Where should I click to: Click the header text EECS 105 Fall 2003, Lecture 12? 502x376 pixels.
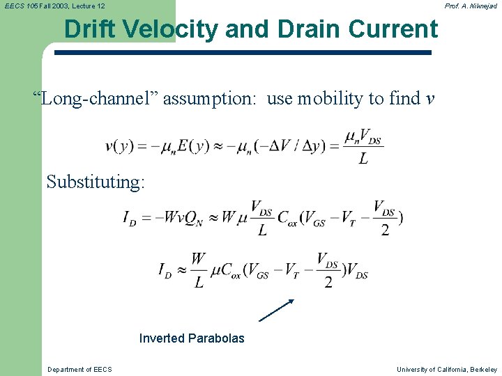[55, 6]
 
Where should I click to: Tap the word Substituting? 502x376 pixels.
[96, 182]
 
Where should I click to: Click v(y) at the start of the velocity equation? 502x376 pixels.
[119, 146]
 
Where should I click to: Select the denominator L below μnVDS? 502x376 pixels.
[363, 160]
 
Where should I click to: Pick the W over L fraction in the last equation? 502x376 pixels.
[199, 270]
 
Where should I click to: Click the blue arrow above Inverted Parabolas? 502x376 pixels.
[277, 310]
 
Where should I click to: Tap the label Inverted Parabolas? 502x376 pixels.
[192, 338]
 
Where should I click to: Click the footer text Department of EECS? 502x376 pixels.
[79, 369]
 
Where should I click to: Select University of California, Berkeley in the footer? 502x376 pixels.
[447, 369]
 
